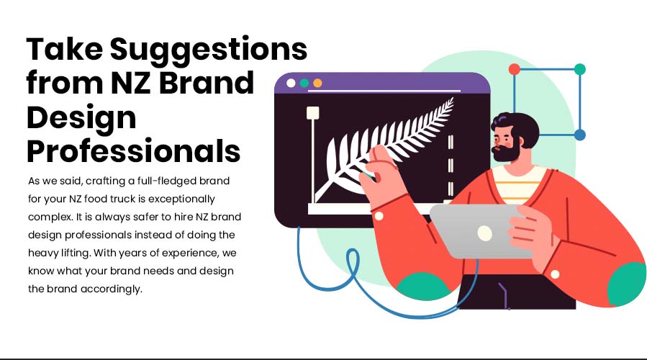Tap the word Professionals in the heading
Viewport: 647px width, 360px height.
click(133, 151)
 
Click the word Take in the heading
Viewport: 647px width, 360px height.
click(65, 49)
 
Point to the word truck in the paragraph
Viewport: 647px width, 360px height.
click(121, 199)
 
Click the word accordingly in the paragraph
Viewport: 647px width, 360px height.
click(111, 289)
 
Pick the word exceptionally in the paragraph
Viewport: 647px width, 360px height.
click(181, 199)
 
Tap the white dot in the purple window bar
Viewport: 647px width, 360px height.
click(291, 83)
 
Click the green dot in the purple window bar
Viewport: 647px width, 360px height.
click(304, 83)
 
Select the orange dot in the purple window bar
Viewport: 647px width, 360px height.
click(317, 83)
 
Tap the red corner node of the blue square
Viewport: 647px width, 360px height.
click(514, 69)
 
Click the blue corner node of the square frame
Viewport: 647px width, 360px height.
click(580, 135)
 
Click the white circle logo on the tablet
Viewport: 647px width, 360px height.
click(485, 233)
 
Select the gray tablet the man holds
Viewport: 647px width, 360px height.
click(481, 231)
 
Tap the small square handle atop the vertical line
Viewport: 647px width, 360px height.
click(313, 113)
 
